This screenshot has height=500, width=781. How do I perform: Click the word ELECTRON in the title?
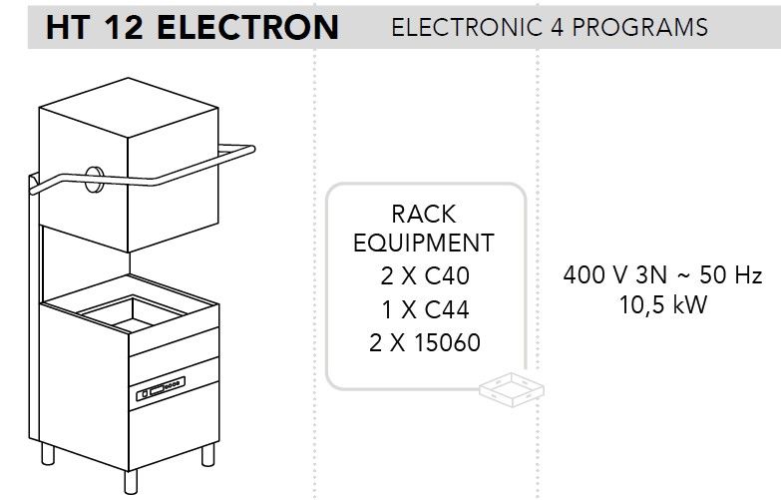tap(247, 27)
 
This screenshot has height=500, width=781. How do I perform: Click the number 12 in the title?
tap(124, 27)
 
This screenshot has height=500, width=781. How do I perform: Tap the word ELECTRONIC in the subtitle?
tap(467, 27)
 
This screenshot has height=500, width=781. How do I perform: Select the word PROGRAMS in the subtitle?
tap(639, 27)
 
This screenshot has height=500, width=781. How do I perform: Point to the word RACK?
tap(423, 215)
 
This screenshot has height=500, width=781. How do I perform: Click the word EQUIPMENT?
tap(423, 243)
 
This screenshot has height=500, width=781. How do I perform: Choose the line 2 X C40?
tap(424, 275)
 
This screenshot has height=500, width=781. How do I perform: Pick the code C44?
tap(447, 309)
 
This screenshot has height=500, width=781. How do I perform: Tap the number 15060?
tap(447, 342)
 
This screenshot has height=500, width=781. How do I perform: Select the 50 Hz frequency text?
tap(731, 274)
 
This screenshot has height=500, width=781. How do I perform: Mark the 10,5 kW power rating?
tap(663, 304)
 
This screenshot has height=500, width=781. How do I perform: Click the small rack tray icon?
tap(512, 389)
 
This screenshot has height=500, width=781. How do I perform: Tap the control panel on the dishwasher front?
tap(161, 389)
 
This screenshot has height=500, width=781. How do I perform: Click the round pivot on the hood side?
tap(94, 179)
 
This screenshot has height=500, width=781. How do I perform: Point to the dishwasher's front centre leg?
tap(131, 482)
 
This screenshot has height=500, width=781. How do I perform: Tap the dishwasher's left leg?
tap(48, 453)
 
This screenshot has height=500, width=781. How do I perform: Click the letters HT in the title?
tap(67, 27)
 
